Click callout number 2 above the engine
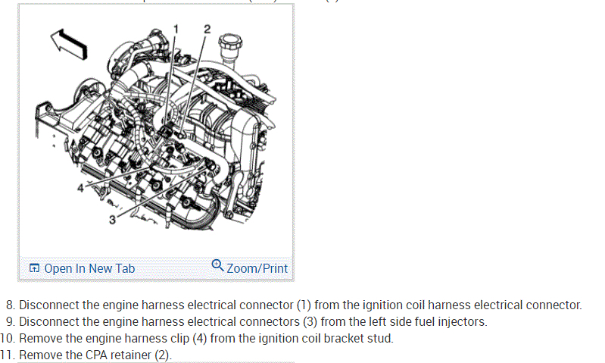207,29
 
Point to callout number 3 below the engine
112,220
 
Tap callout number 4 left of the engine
80,187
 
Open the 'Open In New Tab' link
89,268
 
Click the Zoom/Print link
257,268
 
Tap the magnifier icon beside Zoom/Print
217,265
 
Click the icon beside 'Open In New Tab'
34,268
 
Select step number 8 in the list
10,305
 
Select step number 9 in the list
10,322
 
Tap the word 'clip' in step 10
148,338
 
